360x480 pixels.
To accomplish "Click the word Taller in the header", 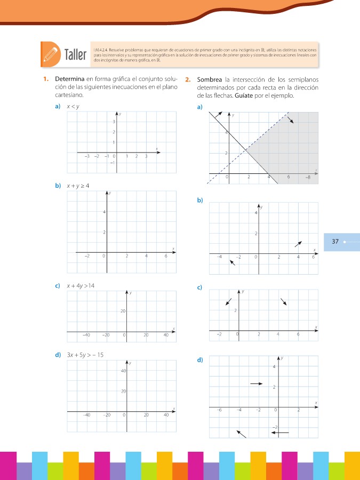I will [75, 55].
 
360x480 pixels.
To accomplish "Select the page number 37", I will [335, 242].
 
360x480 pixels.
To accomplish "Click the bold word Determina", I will [70, 80].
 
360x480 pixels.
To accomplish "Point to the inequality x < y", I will [73, 107].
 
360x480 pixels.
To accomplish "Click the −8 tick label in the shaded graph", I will [308, 177].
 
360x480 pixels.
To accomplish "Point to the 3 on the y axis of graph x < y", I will [114, 122].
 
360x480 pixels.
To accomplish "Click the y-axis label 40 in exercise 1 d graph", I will [122, 371].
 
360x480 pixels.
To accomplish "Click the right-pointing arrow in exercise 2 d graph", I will [257, 383].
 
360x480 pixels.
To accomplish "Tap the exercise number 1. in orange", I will [47, 80].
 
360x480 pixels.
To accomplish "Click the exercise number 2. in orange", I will [188, 80].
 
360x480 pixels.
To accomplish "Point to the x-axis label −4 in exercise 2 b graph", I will [219, 257].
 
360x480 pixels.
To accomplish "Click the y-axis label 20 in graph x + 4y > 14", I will [122, 311].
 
